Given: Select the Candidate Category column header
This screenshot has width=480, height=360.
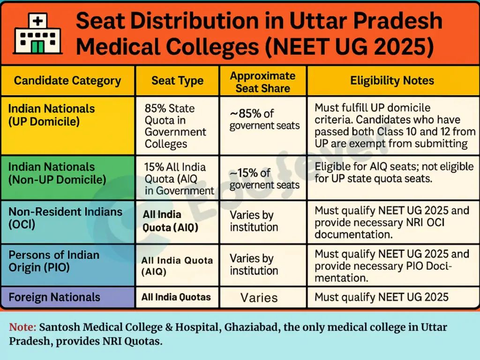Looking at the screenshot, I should click(67, 81).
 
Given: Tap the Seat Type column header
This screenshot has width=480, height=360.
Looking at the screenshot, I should click(177, 81).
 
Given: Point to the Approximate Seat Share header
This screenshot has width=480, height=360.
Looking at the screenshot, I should click(262, 82).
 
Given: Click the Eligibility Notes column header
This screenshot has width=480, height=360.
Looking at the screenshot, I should click(392, 81).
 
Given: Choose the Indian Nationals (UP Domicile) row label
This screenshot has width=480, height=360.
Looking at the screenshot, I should click(52, 115).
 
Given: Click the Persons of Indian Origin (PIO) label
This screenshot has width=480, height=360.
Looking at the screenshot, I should click(54, 261).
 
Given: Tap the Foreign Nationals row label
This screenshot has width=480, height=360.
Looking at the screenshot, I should click(54, 297).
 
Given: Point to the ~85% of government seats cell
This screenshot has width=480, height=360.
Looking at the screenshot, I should click(263, 119).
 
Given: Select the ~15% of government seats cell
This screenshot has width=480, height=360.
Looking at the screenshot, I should click(264, 179).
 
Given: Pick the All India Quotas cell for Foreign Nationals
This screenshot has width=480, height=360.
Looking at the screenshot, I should click(176, 297).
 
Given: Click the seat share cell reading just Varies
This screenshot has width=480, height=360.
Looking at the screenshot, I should click(259, 298).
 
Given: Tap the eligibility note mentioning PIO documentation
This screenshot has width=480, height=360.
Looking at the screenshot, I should click(391, 266).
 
